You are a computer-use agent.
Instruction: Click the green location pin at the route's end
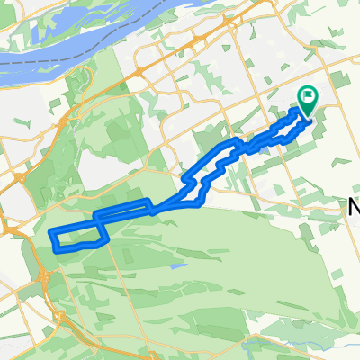pyautogui.click(x=308, y=102)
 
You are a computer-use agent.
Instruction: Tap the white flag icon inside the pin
pyautogui.click(x=309, y=96)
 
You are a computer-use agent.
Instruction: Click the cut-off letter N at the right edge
pyautogui.click(x=354, y=208)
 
